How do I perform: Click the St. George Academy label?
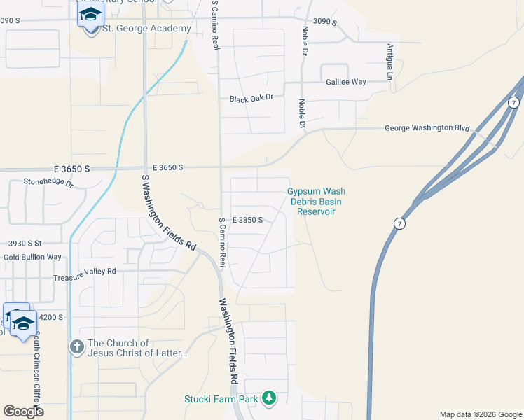[x=146, y=29]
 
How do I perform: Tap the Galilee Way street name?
[x=346, y=82]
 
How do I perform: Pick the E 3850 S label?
[x=247, y=220]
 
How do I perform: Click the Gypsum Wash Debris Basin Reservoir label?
[x=317, y=201]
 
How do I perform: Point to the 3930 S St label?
[x=25, y=244]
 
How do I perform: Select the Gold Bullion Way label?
[x=32, y=257]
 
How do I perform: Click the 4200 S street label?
[x=50, y=317]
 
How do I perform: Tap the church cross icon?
[x=76, y=346]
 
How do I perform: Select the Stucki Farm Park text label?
[x=221, y=399]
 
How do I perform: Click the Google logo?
[x=23, y=411]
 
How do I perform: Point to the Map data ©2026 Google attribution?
[x=480, y=414]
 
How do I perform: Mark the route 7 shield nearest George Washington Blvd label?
[x=513, y=103]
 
